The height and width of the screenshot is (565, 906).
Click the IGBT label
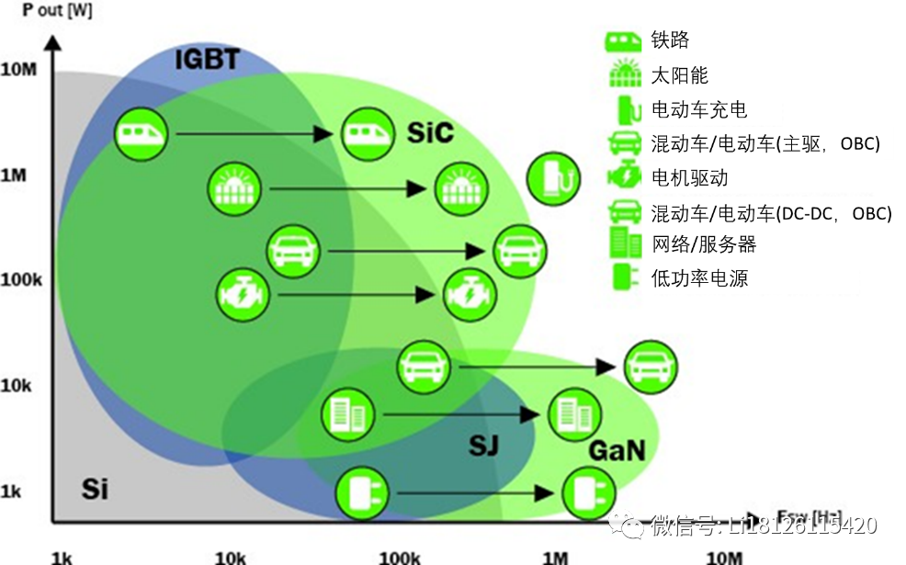(207, 61)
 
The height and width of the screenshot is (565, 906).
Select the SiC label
(430, 133)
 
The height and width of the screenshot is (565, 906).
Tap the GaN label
(617, 450)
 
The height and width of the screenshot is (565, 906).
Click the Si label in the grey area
(95, 489)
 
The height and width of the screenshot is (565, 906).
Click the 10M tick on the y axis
(18, 70)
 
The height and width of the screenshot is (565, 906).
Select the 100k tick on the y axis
(21, 279)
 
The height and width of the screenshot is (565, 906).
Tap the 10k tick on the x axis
(230, 558)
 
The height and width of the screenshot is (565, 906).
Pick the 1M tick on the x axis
(555, 558)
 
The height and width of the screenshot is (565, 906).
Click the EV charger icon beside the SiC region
(554, 180)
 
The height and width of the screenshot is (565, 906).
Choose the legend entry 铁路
(671, 40)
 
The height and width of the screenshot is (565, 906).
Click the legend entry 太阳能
(680, 75)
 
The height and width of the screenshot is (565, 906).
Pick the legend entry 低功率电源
(699, 277)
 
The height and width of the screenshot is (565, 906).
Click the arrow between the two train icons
(253, 134)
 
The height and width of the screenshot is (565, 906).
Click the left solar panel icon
(234, 187)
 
